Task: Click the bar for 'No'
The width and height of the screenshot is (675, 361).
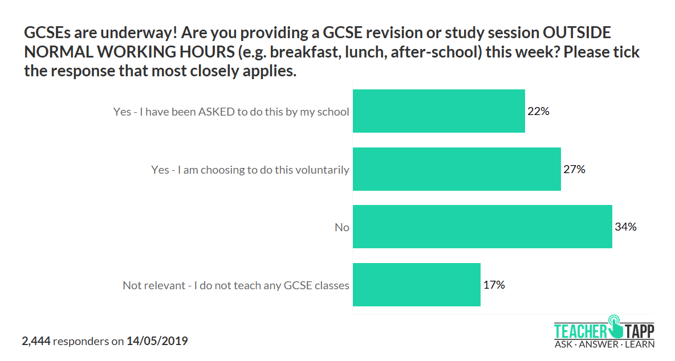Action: (482, 227)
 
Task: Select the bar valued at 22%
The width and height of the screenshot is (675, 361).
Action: (439, 111)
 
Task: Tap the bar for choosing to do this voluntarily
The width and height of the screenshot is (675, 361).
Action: (457, 169)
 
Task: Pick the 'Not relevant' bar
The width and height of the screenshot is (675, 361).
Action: (417, 285)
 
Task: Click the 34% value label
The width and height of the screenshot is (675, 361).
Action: (625, 227)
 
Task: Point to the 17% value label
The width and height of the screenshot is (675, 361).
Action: (494, 285)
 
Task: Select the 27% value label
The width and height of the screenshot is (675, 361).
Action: (574, 169)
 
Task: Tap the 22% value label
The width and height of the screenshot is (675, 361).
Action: (538, 111)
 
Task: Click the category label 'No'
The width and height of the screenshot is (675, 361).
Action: (342, 227)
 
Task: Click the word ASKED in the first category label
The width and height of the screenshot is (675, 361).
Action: (216, 112)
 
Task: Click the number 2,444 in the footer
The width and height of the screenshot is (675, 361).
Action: (36, 342)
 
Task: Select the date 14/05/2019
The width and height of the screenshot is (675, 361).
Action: (157, 342)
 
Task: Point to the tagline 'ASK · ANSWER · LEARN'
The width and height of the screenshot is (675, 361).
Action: (604, 344)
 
